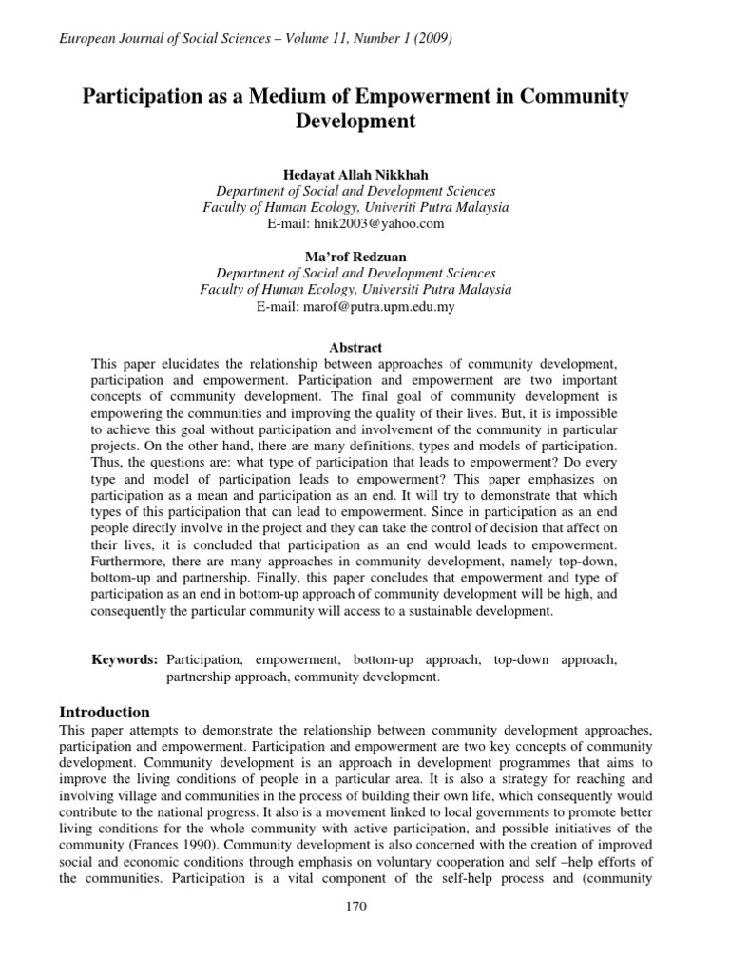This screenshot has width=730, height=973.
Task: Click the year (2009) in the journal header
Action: click(431, 39)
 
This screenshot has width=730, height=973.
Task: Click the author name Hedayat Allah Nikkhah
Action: click(355, 175)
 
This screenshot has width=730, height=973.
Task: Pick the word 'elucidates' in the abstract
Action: click(189, 364)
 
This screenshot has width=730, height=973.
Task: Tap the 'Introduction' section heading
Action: click(105, 712)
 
